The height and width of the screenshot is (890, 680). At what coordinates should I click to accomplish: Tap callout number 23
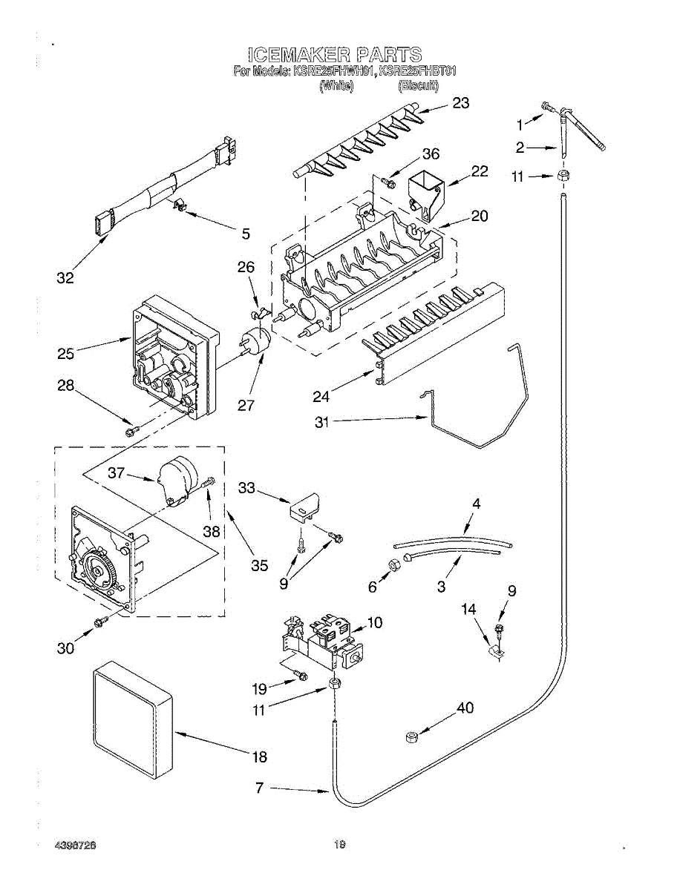(461, 103)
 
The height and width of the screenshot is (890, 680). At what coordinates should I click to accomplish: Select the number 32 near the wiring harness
(65, 278)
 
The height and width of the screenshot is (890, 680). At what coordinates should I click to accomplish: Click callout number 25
(65, 354)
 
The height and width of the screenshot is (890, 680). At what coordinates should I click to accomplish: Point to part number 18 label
(259, 757)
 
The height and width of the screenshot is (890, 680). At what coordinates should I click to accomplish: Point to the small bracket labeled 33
(304, 507)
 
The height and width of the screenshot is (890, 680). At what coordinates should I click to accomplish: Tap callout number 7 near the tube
(259, 789)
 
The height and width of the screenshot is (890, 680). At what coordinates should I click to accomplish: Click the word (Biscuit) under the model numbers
(419, 86)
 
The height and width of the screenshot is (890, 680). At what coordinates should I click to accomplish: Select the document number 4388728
(76, 845)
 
